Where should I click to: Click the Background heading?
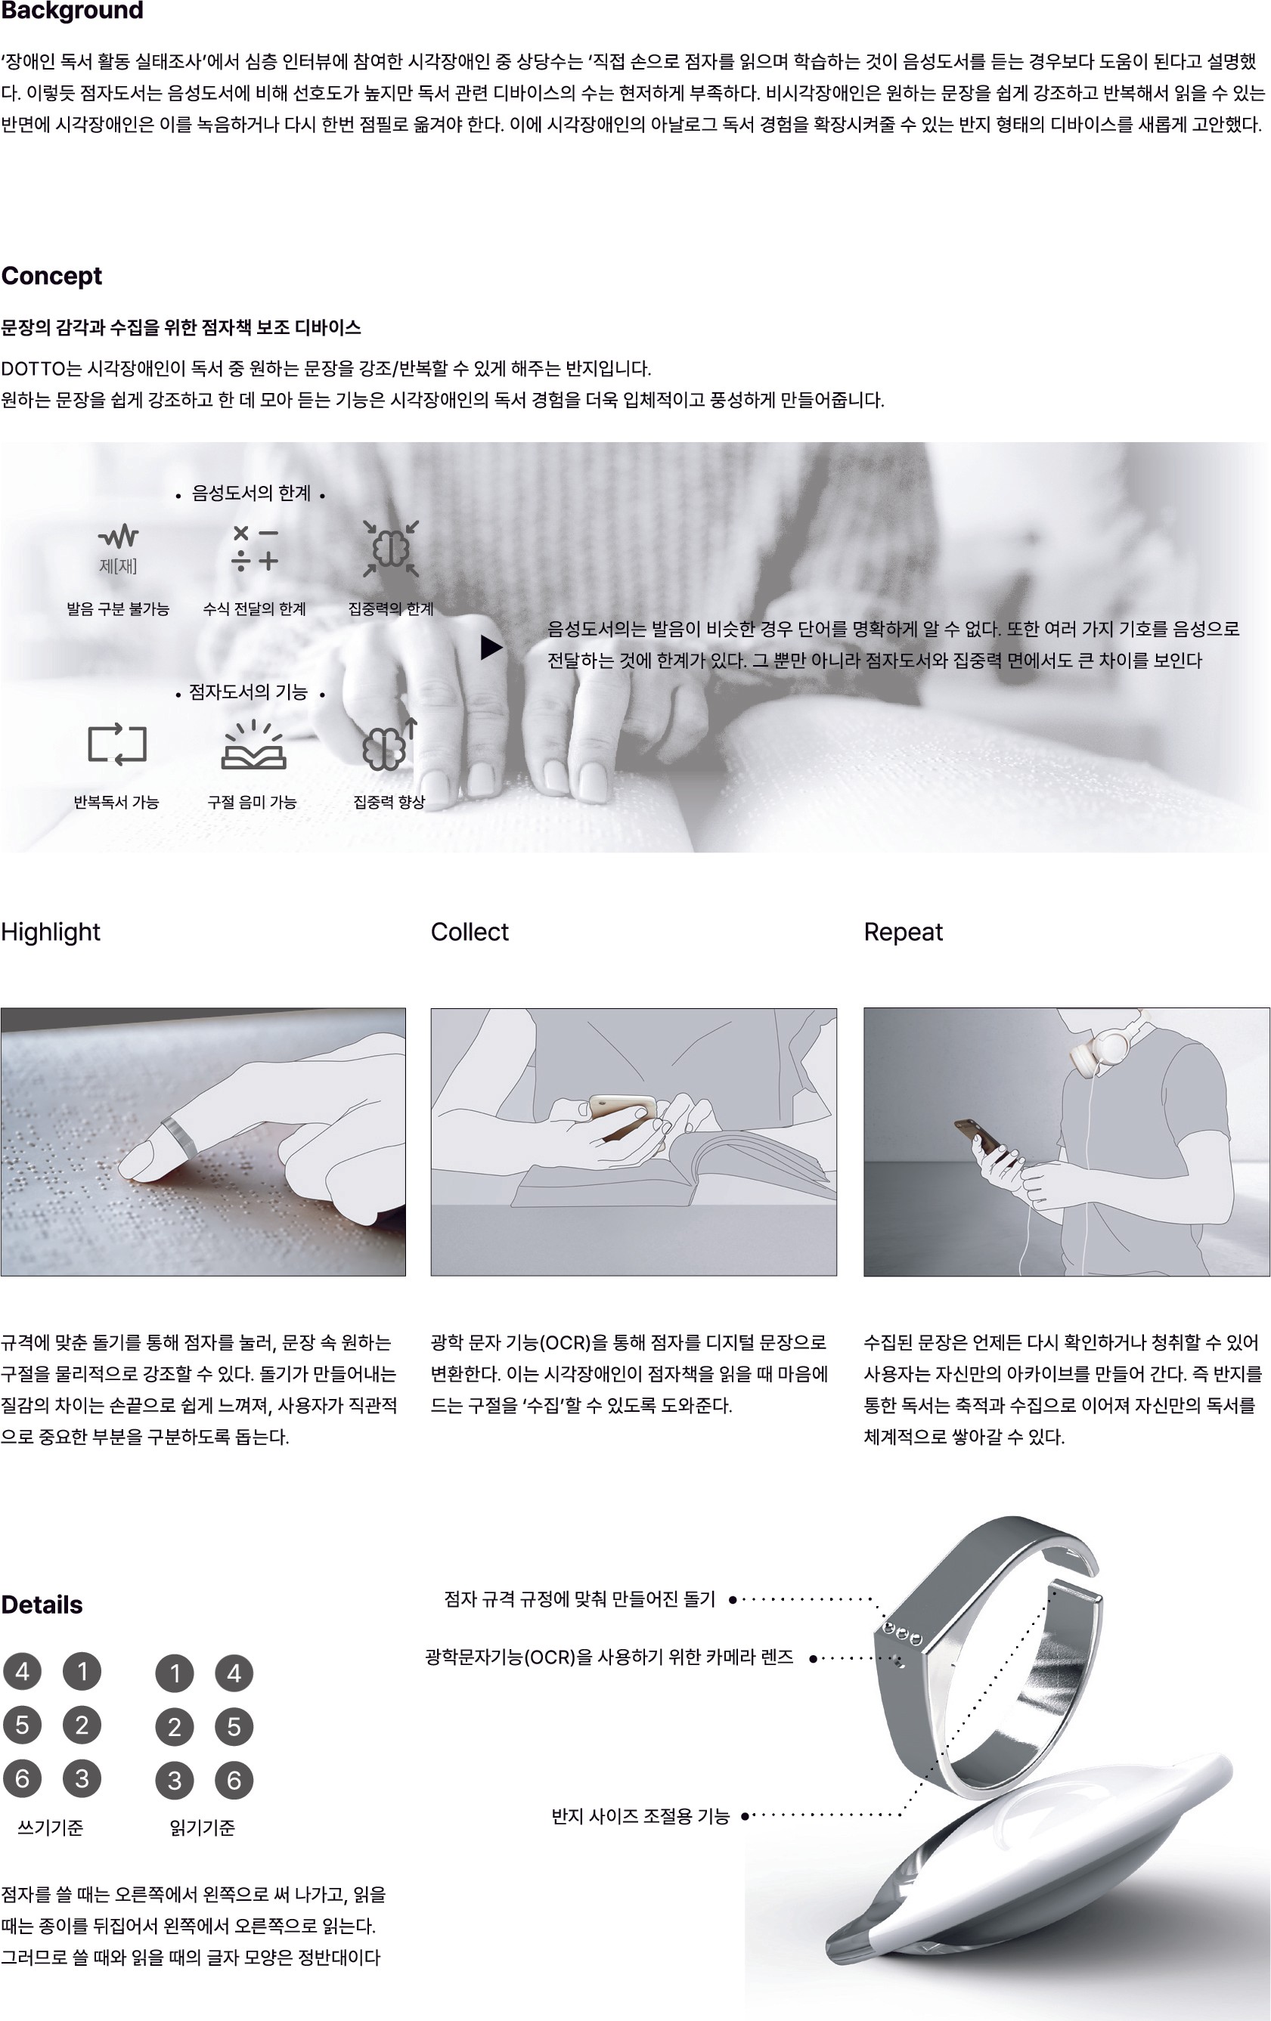pyautogui.click(x=72, y=10)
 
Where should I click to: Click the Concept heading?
pyautogui.click(x=51, y=276)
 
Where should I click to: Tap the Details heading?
pyautogui.click(x=42, y=1605)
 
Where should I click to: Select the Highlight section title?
pyautogui.click(x=51, y=933)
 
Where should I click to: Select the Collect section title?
pyautogui.click(x=470, y=932)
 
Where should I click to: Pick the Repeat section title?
pyautogui.click(x=904, y=933)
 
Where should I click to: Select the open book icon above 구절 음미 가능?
pyautogui.click(x=253, y=745)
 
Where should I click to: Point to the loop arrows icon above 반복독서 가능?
pyautogui.click(x=116, y=744)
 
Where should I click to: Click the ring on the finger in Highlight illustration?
pyautogui.click(x=178, y=1134)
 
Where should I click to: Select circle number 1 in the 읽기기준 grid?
pyautogui.click(x=175, y=1673)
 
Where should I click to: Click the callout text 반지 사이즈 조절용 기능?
pyautogui.click(x=640, y=1815)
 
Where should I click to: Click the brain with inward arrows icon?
pyautogui.click(x=391, y=549)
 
